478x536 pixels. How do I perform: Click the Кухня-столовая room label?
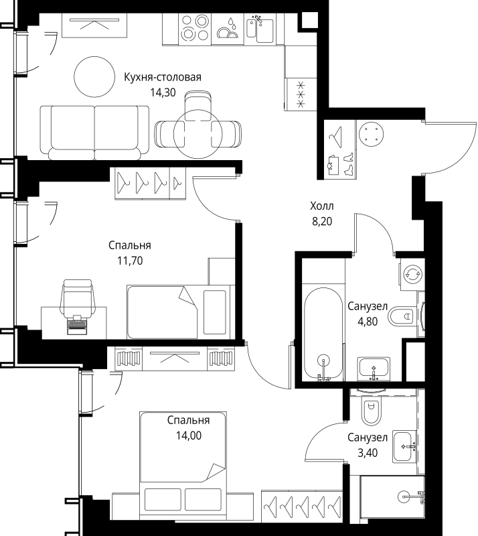pyautogui.click(x=162, y=77)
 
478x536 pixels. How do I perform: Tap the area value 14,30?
pyautogui.click(x=163, y=92)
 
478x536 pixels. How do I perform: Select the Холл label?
pyautogui.click(x=322, y=206)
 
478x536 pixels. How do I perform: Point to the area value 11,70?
pyautogui.click(x=130, y=261)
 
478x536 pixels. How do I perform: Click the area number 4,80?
pyautogui.click(x=368, y=322)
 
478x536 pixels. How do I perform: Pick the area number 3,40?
pyautogui.click(x=368, y=453)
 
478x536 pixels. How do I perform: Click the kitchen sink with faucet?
pyautogui.click(x=260, y=28)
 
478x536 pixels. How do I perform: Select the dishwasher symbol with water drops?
pyautogui.click(x=228, y=29)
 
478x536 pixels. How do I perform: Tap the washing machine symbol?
pyautogui.click(x=413, y=274)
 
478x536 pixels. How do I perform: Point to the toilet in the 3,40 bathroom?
pyautogui.click(x=371, y=409)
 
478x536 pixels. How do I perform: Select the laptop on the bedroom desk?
pyautogui.click(x=77, y=324)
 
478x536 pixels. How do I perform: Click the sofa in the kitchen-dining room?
pyautogui.click(x=94, y=133)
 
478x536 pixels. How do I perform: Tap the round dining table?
pyautogui.click(x=198, y=133)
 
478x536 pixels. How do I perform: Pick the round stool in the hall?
pyautogui.click(x=371, y=133)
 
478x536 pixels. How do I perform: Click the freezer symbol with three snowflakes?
pyautogui.click(x=301, y=94)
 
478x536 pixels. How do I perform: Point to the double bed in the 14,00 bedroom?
pyautogui.click(x=183, y=462)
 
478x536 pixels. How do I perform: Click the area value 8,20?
pyautogui.click(x=322, y=221)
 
